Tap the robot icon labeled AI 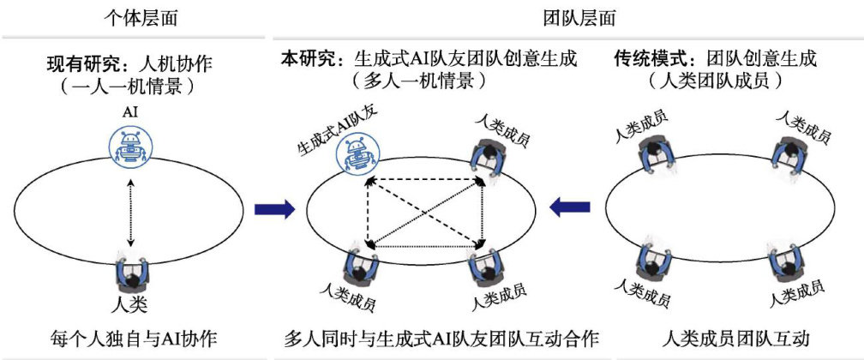coord(130,145)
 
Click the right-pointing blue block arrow coord(275,208)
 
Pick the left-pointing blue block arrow coord(571,206)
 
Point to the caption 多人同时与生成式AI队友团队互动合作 coord(441,339)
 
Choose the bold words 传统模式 coord(644,59)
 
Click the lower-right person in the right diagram coord(785,261)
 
